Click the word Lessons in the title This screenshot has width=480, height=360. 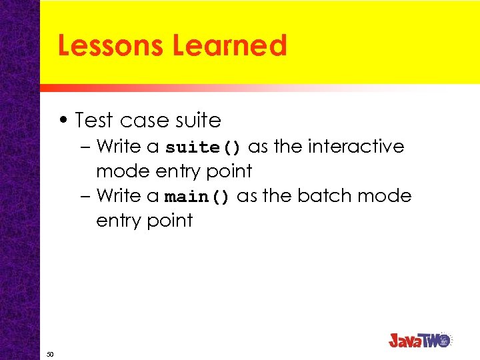pos(111,46)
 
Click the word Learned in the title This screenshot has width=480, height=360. pos(229,46)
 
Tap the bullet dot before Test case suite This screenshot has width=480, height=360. pos(63,121)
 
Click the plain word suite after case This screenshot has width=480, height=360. pos(197,121)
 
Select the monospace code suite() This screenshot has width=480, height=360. pos(204,147)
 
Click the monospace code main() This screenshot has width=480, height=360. pos(197,197)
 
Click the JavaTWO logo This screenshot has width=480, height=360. pos(420,340)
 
